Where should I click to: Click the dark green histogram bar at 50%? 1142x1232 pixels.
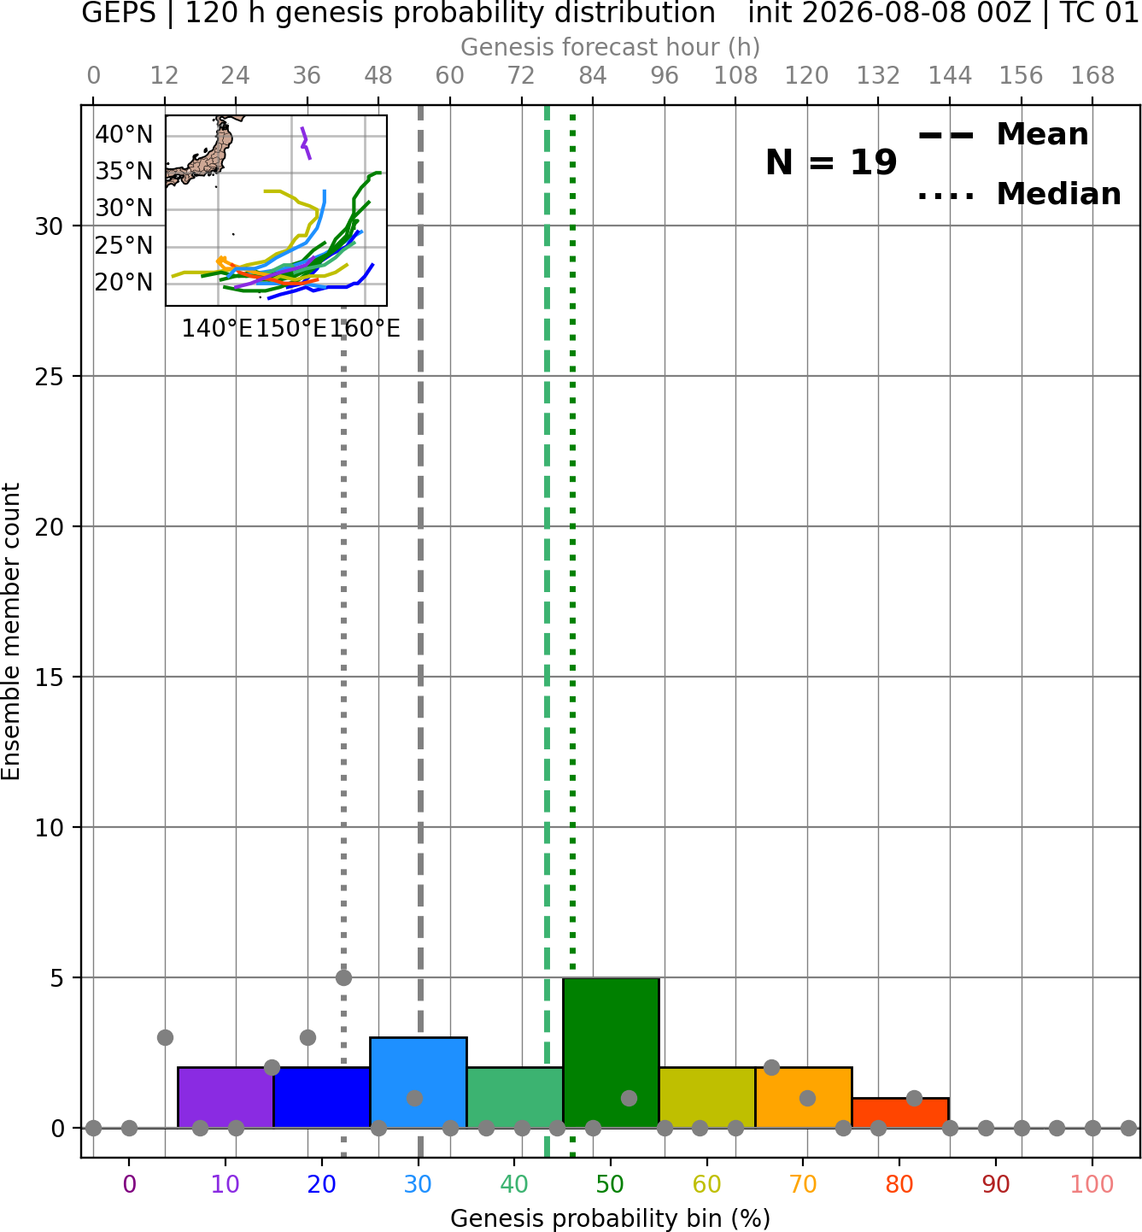611,1053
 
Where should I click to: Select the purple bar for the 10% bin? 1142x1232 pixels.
225,1098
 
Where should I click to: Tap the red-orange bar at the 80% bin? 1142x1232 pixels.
900,1113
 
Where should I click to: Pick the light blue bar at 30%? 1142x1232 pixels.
418,1082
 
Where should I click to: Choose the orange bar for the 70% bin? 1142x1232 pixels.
803,1098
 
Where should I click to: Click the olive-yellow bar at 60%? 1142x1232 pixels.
707,1098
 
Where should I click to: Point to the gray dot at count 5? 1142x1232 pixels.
343,978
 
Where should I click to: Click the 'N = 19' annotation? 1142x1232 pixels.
830,162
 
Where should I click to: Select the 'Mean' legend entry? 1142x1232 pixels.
1042,135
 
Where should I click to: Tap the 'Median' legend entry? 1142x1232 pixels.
1059,194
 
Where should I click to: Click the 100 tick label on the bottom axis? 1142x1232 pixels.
1092,1184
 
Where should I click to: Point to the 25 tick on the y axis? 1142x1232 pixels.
50,377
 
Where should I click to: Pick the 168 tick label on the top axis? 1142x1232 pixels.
1092,76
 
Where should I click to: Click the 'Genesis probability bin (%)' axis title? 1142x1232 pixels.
611,1218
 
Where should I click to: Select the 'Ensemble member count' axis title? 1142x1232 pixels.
11,631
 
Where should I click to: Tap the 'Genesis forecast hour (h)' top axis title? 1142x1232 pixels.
611,47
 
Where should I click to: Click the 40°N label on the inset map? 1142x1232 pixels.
124,135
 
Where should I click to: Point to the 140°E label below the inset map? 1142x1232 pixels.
217,328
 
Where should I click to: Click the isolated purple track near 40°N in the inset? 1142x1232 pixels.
305,144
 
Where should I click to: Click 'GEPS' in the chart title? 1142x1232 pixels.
119,13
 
